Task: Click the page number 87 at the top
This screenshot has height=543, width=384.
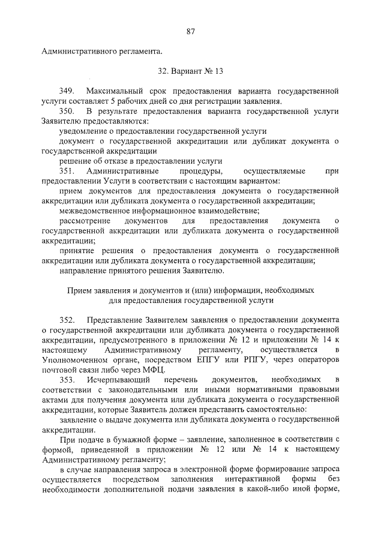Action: click(191, 31)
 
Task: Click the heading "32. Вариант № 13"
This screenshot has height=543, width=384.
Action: click(191, 70)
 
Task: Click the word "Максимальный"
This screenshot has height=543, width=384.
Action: click(114, 91)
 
